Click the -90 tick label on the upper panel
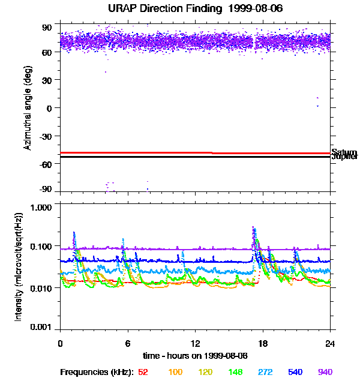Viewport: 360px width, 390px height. [46, 190]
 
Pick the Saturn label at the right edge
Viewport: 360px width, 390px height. [344, 152]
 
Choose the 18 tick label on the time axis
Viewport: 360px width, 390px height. [263, 344]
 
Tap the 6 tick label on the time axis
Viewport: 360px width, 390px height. [128, 344]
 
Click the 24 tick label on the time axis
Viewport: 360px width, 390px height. [330, 344]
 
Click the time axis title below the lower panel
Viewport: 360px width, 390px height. [196, 356]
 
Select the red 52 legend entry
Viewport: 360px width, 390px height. [143, 373]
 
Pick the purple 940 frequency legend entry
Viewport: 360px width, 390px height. [325, 373]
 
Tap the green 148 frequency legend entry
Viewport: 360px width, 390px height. [236, 373]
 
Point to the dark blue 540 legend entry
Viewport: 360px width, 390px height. [295, 373]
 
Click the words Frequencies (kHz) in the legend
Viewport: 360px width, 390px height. [97, 373]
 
